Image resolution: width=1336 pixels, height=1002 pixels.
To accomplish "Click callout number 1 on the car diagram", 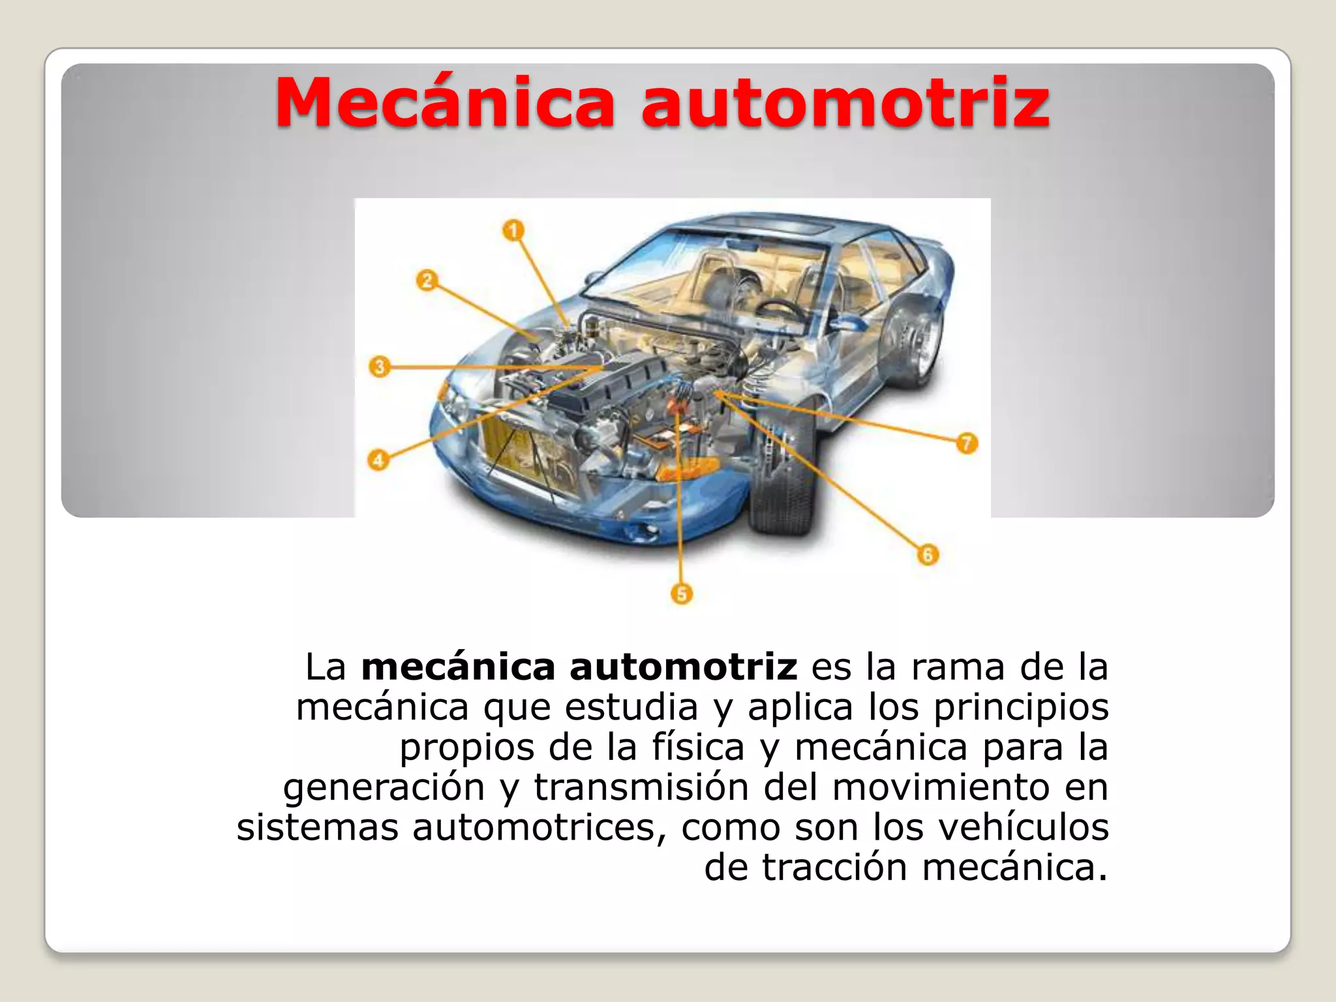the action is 513,230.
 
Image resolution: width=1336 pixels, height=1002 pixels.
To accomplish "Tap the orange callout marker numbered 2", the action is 427,281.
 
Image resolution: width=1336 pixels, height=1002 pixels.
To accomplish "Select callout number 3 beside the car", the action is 379,367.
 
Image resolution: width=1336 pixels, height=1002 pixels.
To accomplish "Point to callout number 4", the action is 378,460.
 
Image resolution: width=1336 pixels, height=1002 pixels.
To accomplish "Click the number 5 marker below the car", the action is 682,594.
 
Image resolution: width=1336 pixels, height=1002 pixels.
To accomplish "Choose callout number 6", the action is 928,555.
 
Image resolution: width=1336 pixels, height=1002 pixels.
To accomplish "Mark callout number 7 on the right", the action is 967,444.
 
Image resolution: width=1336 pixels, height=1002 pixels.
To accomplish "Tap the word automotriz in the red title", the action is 846,102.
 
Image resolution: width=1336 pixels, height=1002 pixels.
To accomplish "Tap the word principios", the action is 1021,708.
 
